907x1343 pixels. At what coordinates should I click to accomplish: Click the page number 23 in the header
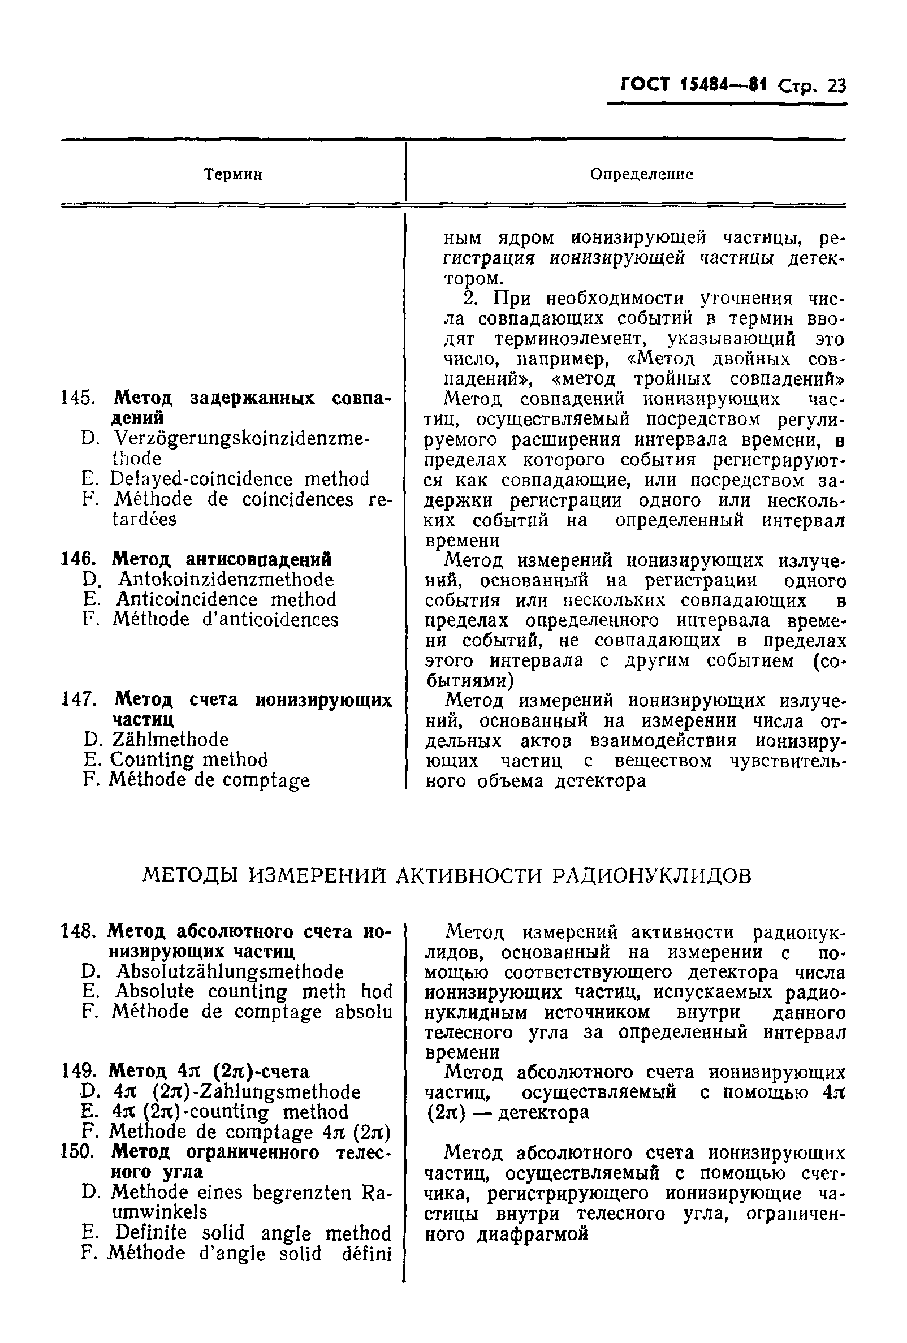click(835, 86)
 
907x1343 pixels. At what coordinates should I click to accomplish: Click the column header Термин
click(234, 175)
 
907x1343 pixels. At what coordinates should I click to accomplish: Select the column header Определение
click(641, 175)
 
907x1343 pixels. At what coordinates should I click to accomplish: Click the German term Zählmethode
click(170, 740)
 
